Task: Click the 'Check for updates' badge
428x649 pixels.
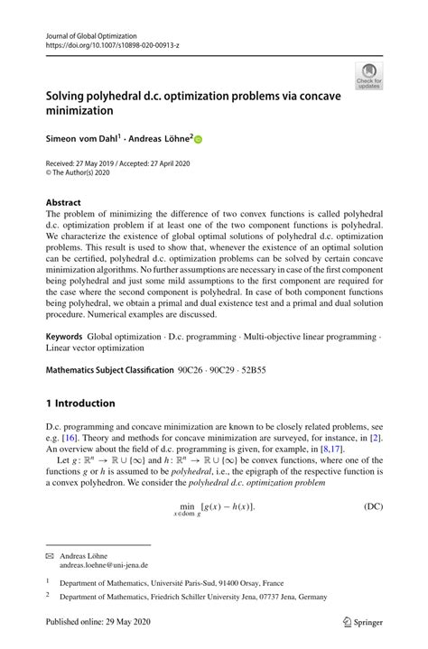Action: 369,77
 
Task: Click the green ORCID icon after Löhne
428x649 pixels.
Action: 199,140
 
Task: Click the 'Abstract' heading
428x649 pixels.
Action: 63,202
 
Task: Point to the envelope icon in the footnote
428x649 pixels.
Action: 50,556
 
